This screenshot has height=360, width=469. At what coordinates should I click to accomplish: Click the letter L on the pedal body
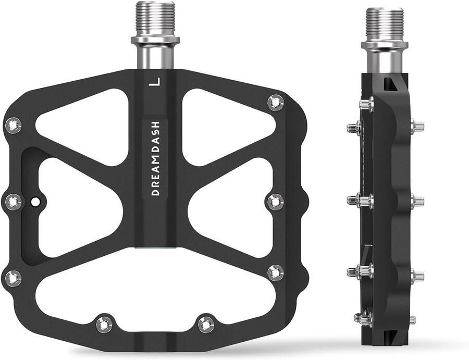pos(153,82)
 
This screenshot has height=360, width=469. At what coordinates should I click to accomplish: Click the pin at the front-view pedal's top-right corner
pos(275,102)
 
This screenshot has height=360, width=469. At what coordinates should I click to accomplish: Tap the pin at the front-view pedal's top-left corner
pos(13,125)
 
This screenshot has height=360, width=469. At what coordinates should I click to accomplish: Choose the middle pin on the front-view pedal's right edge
pos(275,201)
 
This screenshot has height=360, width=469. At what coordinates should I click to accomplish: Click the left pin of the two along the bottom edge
pos(104,324)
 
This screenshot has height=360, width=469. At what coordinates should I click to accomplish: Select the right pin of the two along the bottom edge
pos(206,324)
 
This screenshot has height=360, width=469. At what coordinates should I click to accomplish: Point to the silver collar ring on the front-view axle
pos(155,40)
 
